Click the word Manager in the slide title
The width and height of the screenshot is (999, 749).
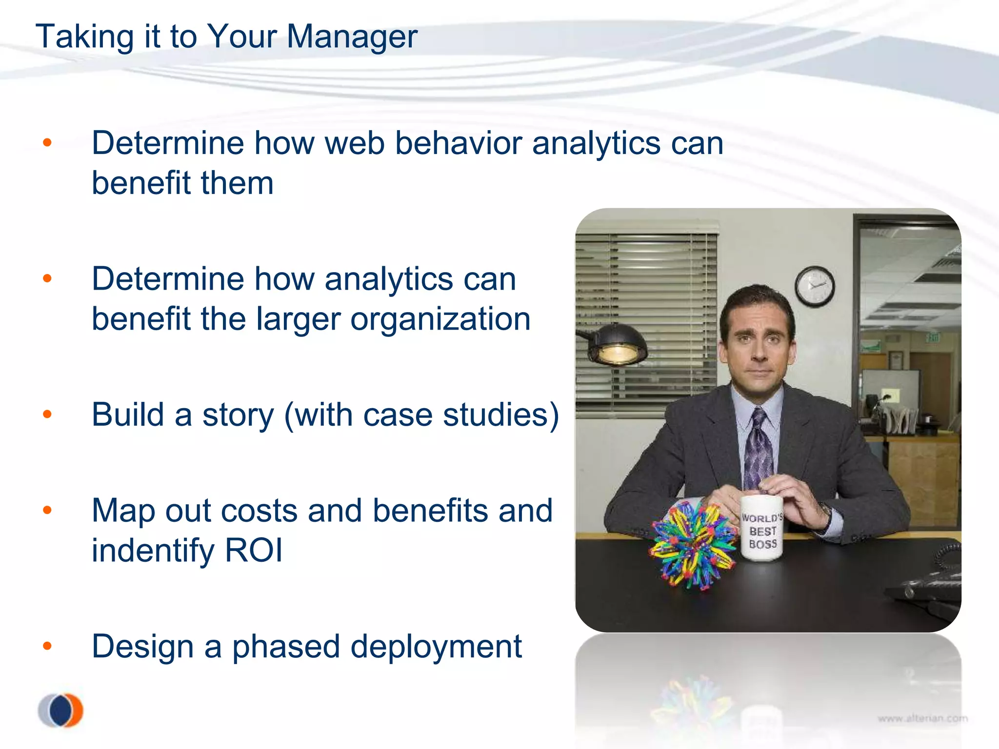point(352,37)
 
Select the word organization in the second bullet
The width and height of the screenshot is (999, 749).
point(440,319)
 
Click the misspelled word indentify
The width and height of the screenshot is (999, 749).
point(153,551)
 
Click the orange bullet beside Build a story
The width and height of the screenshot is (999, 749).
point(47,414)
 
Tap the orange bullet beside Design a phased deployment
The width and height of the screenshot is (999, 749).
point(47,646)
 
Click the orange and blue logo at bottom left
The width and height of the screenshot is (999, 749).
point(61,710)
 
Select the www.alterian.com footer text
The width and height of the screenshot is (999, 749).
point(922,718)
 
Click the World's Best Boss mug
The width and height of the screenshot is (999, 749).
point(762,529)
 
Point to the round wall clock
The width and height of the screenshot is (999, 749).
point(815,286)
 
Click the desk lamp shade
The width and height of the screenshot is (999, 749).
point(617,344)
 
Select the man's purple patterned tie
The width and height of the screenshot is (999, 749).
point(758,449)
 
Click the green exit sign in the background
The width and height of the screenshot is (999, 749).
point(932,337)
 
